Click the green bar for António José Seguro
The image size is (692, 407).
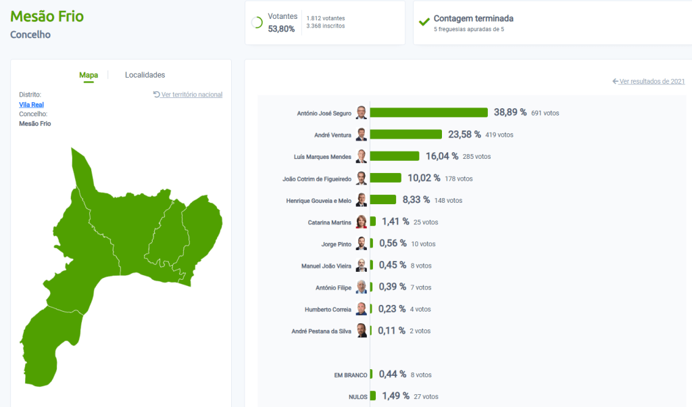click(428, 112)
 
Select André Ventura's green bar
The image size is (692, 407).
click(405, 135)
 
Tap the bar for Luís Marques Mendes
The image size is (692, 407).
click(394, 156)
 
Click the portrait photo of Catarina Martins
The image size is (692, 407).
click(362, 222)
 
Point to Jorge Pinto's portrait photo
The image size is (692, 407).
click(362, 243)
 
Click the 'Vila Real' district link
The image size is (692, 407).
click(32, 105)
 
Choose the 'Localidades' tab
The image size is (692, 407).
click(145, 75)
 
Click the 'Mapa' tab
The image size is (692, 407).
click(89, 75)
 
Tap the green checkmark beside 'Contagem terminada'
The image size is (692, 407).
click(424, 22)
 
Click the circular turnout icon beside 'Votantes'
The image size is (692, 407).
click(257, 22)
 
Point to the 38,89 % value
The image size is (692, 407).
click(510, 112)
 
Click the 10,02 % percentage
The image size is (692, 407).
click(424, 178)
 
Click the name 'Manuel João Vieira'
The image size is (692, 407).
click(326, 266)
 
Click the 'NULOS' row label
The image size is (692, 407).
click(358, 397)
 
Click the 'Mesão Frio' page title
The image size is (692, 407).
click(47, 16)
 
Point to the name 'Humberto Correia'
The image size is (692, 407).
click(328, 310)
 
